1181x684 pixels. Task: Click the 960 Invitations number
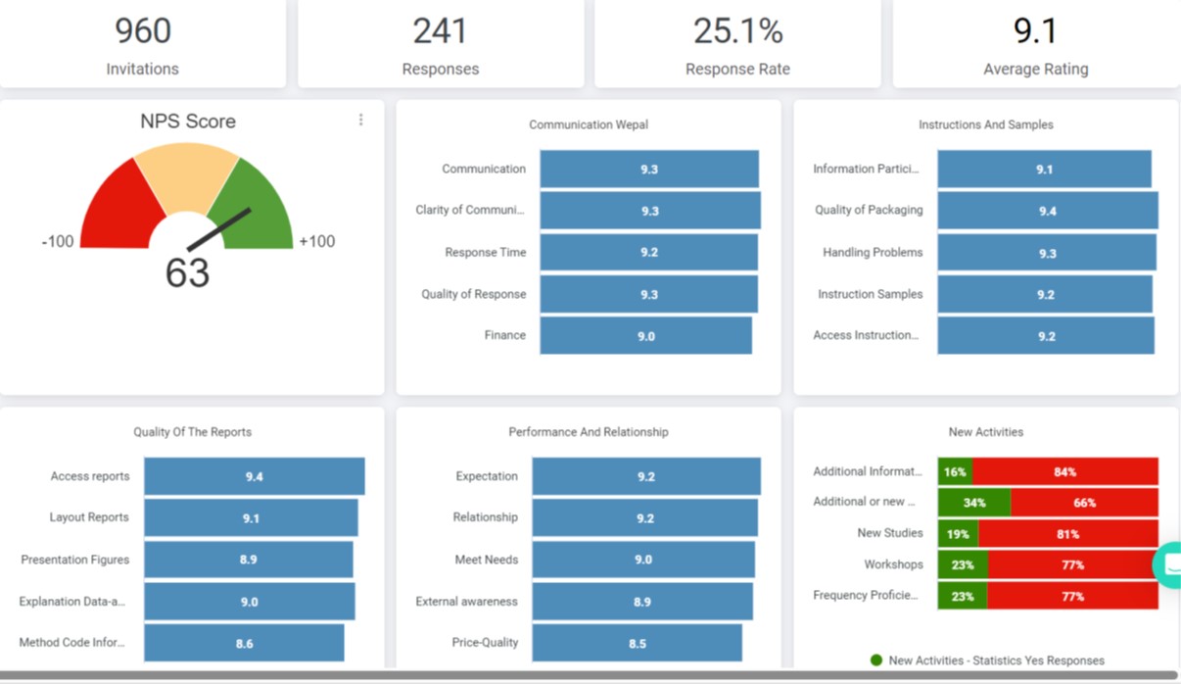(143, 31)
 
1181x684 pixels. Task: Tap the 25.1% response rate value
(737, 31)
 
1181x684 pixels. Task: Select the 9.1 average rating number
(1035, 31)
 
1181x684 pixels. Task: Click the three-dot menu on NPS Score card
(360, 120)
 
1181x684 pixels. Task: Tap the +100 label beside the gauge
(316, 241)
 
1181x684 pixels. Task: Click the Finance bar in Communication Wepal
(646, 336)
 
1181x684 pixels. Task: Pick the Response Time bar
(648, 253)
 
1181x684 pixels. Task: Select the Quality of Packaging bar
(1047, 211)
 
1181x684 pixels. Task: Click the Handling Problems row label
(873, 253)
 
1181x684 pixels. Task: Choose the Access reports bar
(254, 476)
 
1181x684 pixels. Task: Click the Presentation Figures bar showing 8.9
(248, 560)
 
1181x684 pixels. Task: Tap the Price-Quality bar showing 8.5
(637, 644)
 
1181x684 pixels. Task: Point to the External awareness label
(466, 602)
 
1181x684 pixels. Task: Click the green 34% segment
(974, 503)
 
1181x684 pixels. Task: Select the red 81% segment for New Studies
(1067, 534)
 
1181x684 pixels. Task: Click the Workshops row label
(893, 565)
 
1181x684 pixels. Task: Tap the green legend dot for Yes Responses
(876, 660)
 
